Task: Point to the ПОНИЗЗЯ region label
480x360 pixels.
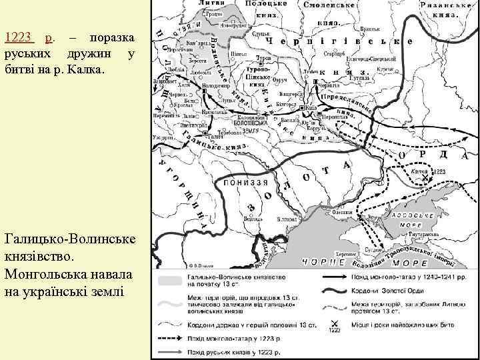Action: (x=245, y=181)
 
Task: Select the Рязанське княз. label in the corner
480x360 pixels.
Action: (x=439, y=8)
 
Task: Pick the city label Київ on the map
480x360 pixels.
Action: (x=311, y=107)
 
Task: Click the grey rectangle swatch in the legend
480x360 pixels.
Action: (x=171, y=277)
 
